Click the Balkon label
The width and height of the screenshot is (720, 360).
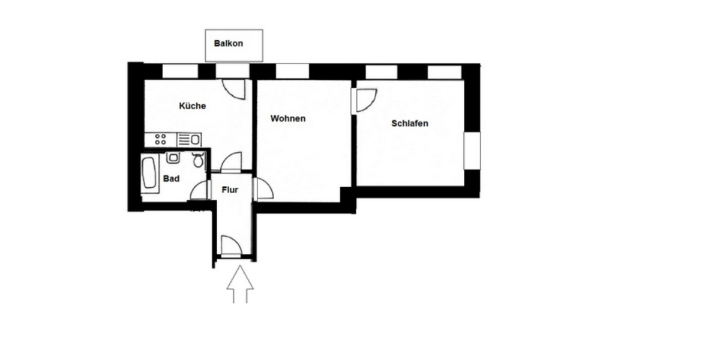coord(229,44)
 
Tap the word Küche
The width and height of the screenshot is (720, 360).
coord(193,106)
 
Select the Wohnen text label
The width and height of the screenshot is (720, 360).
coord(287,119)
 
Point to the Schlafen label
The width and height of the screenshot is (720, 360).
coord(409,124)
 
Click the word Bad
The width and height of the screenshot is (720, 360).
coord(171,179)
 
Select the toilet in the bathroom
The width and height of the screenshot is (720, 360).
coord(197,160)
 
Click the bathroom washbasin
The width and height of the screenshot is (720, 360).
coord(173,158)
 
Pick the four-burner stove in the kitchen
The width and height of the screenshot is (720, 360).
coord(161,140)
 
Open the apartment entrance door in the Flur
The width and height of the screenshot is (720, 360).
coord(231,247)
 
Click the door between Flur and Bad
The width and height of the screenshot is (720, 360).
coord(200,190)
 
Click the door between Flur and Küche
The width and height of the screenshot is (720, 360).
coord(231,163)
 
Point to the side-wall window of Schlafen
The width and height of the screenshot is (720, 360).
coord(472,151)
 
